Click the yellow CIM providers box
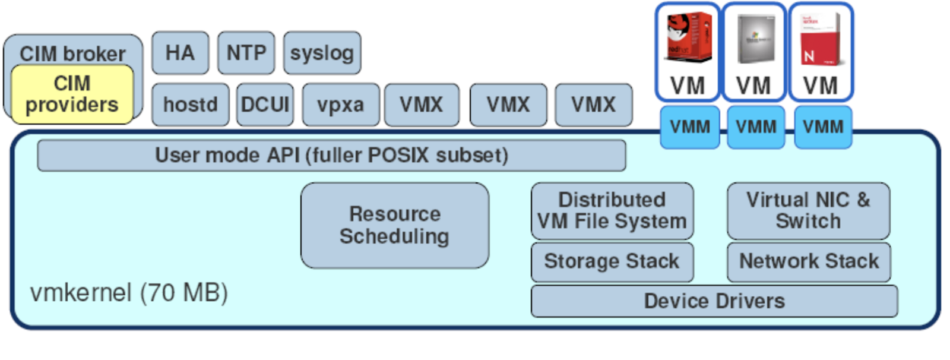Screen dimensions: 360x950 [x=72, y=94]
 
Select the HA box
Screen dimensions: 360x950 [x=180, y=53]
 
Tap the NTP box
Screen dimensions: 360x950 [x=246, y=53]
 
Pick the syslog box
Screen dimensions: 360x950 [x=322, y=53]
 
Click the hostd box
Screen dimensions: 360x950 [x=190, y=105]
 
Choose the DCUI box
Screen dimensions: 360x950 [x=265, y=105]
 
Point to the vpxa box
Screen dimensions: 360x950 [x=340, y=105]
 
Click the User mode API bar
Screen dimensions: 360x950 [x=331, y=156]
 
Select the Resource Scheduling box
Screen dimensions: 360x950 [x=394, y=225]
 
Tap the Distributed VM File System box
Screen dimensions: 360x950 [x=612, y=210]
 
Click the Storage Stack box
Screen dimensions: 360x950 [x=612, y=261]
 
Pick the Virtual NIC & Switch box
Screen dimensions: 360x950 [x=808, y=210]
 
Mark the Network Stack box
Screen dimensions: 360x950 [x=809, y=261]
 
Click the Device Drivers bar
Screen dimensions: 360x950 [x=714, y=301]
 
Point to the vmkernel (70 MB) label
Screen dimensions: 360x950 [x=129, y=293]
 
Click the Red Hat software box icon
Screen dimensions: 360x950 [x=688, y=37]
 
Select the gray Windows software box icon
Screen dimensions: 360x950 [x=755, y=39]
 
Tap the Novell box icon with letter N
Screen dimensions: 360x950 [x=821, y=39]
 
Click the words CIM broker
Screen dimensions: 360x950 [x=72, y=53]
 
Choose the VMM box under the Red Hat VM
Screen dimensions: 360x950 [x=689, y=127]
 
